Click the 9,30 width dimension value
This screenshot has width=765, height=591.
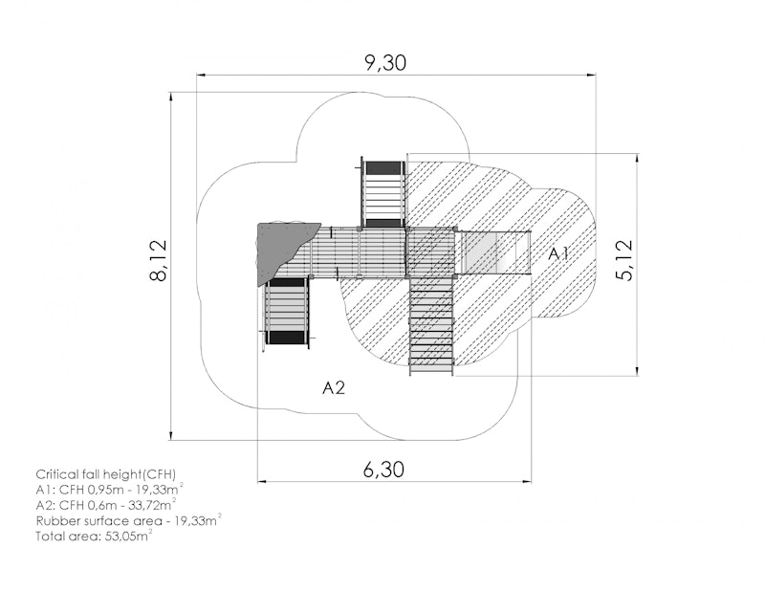[385, 63]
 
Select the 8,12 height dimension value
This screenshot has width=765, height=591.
[159, 261]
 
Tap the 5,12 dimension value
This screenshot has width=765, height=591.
[624, 261]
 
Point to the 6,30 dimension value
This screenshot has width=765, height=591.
[384, 470]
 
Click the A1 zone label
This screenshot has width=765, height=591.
[558, 253]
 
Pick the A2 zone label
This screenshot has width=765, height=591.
[334, 387]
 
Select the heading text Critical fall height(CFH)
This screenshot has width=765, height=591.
[106, 474]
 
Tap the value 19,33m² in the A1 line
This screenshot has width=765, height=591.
[158, 489]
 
